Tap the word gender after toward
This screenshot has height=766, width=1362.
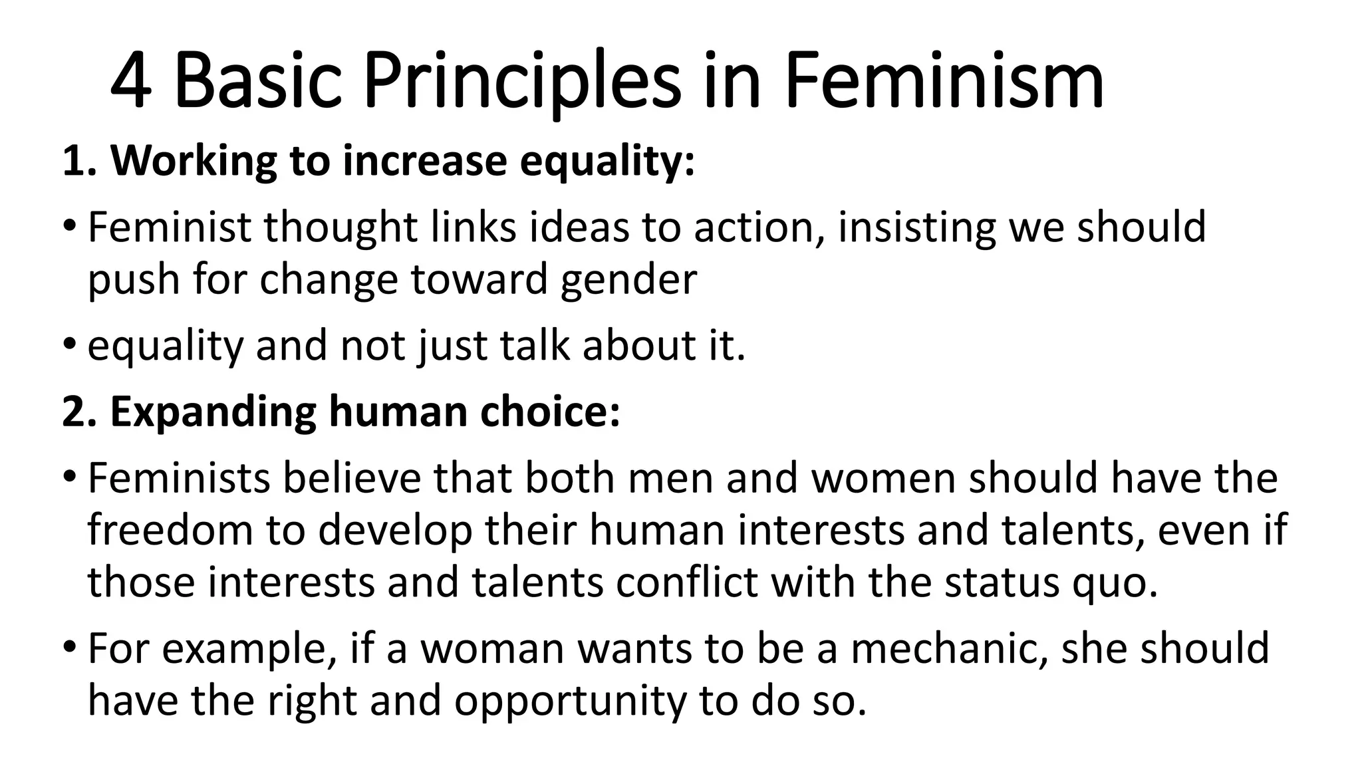tap(628, 279)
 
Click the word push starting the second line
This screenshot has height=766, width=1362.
tap(134, 279)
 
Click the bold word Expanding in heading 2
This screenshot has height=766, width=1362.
tap(213, 412)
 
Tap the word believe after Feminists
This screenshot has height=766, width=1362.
tap(352, 479)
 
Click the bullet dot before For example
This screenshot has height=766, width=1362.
tap(70, 647)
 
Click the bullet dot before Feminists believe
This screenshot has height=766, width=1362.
tap(70, 477)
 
